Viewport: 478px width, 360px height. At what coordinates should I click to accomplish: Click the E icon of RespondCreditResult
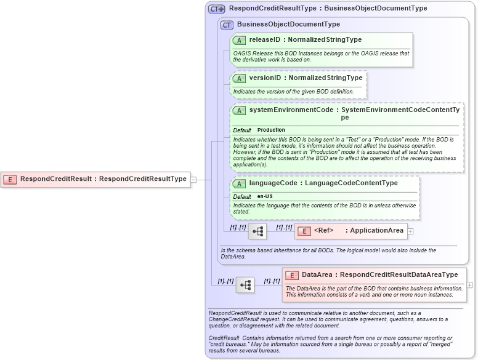(x=10, y=179)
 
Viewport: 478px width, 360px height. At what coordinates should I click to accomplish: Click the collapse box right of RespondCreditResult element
(x=193, y=180)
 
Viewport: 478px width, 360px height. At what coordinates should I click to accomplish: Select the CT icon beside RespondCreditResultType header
(x=217, y=9)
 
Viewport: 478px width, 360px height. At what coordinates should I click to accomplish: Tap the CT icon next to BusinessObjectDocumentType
(x=227, y=25)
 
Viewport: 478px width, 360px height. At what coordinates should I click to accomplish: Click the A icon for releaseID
(x=240, y=40)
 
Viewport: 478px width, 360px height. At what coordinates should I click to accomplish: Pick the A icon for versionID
(x=240, y=78)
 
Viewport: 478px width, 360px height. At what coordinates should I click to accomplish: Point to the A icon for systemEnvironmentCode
(x=240, y=110)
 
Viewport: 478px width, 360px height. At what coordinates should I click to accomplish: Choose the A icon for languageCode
(x=240, y=183)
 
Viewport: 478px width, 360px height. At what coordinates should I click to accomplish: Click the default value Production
(x=271, y=130)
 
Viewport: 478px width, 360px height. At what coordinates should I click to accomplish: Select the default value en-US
(x=265, y=196)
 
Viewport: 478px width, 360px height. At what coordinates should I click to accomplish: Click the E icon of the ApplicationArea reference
(x=304, y=231)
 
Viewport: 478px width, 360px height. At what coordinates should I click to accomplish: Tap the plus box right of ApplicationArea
(x=410, y=231)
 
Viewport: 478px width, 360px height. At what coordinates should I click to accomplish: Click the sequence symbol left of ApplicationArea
(x=257, y=231)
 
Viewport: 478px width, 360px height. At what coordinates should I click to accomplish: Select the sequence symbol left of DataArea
(x=245, y=285)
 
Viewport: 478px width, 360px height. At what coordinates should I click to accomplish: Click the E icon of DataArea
(x=292, y=275)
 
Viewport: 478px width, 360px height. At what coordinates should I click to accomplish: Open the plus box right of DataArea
(x=470, y=285)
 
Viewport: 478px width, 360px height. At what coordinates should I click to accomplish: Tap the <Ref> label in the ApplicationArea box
(x=323, y=231)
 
